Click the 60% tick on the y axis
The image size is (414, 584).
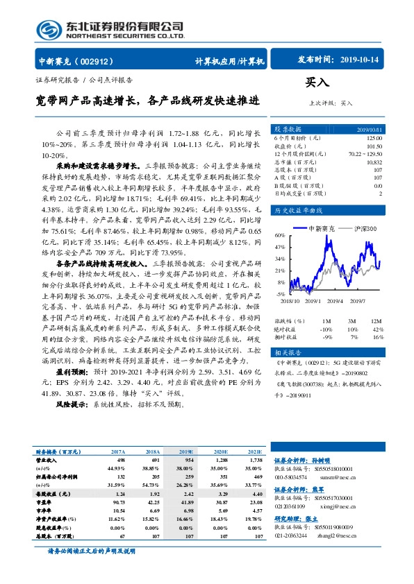279,234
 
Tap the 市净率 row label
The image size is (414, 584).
45,509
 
